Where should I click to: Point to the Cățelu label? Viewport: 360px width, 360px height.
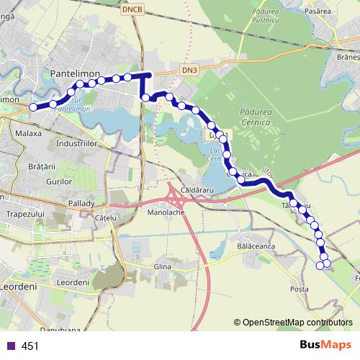(x=105, y=217)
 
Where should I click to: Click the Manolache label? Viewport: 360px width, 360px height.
(x=167, y=213)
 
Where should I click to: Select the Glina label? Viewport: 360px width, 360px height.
(x=163, y=267)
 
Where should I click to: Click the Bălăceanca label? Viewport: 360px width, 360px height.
(x=256, y=246)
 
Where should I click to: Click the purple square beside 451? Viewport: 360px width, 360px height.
(x=9, y=346)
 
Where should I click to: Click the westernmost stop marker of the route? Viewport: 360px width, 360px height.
(x=33, y=107)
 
